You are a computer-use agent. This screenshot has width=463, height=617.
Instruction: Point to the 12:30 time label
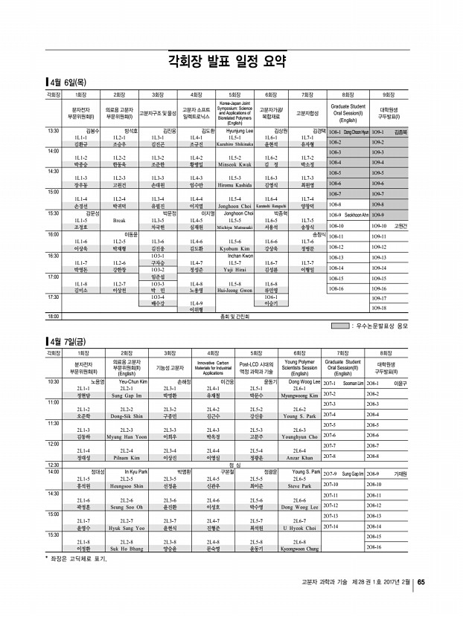coord(54,465)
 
